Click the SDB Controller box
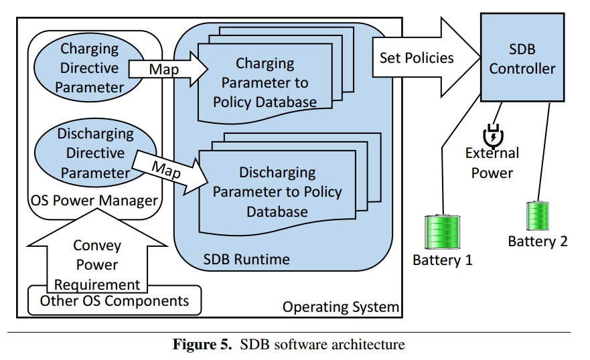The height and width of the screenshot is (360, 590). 522,58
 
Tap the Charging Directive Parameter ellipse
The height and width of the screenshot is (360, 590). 90,68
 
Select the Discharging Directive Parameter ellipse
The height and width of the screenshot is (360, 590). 95,153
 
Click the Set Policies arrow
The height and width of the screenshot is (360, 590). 427,58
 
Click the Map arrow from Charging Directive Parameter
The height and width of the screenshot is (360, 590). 168,69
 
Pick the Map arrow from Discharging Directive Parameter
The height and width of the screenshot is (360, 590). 170,172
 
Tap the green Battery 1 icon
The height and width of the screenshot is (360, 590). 442,232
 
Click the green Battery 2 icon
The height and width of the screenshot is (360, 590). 537,215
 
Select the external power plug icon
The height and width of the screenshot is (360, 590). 494,136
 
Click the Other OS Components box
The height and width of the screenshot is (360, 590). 115,300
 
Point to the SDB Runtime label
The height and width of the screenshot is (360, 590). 246,259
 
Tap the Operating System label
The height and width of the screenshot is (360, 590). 341,306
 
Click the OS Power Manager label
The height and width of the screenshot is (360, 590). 94,200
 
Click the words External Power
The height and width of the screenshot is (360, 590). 492,163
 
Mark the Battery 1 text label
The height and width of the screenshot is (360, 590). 443,260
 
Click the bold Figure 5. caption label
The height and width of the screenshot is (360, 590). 202,344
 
